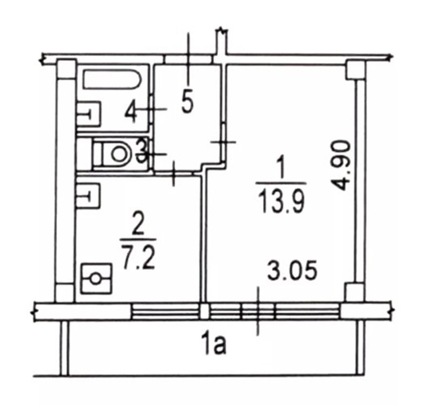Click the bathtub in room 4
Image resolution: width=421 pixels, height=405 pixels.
point(112,79)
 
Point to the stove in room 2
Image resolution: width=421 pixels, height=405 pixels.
point(97,278)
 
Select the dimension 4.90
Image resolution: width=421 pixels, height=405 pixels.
point(341,165)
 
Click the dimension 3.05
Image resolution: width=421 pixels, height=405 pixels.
point(292,270)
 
